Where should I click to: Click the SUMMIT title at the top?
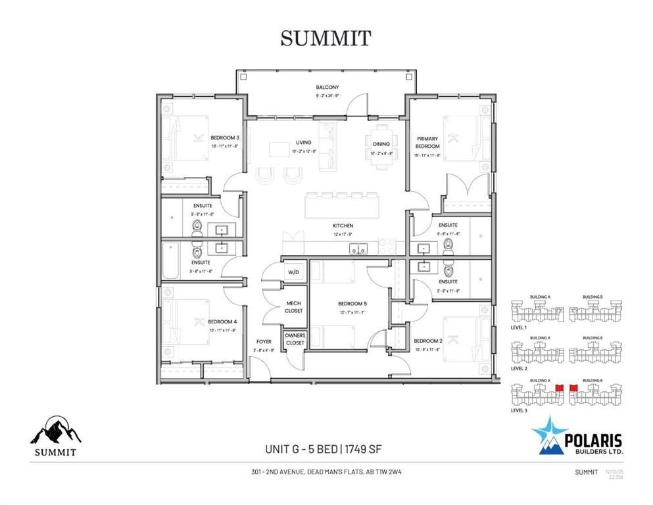[x=326, y=38]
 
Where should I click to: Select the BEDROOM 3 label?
[x=224, y=137]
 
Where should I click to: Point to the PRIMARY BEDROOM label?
[x=427, y=142]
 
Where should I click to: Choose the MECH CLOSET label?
[x=294, y=306]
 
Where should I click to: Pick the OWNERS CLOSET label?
[x=295, y=339]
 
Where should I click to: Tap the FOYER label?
[x=264, y=342]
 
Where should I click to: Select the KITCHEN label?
[x=342, y=226]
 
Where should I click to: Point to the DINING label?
[x=381, y=143]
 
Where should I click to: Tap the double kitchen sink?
[x=358, y=249]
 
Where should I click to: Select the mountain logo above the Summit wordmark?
[x=56, y=431]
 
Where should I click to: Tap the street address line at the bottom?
[x=326, y=471]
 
